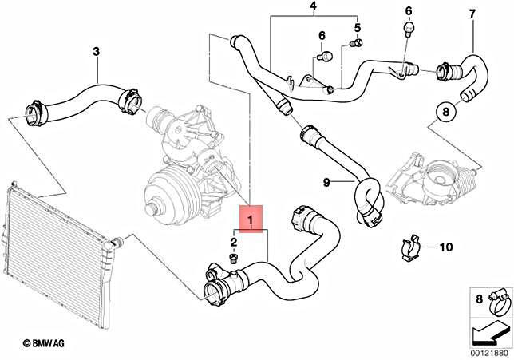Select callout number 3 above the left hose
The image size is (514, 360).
(x=96, y=53)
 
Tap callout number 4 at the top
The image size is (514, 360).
(x=313, y=9)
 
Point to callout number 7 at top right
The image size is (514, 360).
(x=472, y=14)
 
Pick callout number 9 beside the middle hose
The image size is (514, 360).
(x=327, y=182)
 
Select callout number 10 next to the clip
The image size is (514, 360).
(x=445, y=246)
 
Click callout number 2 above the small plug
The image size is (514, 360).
(x=233, y=242)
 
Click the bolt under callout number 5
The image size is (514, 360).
(x=358, y=42)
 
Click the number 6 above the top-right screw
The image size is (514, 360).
(x=409, y=11)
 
